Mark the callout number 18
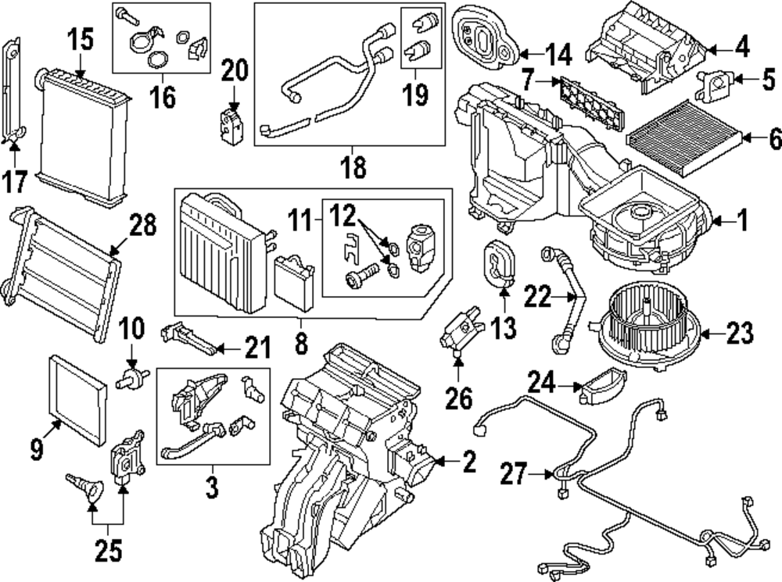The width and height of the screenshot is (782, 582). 351,166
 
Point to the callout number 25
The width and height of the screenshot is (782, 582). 109,552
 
